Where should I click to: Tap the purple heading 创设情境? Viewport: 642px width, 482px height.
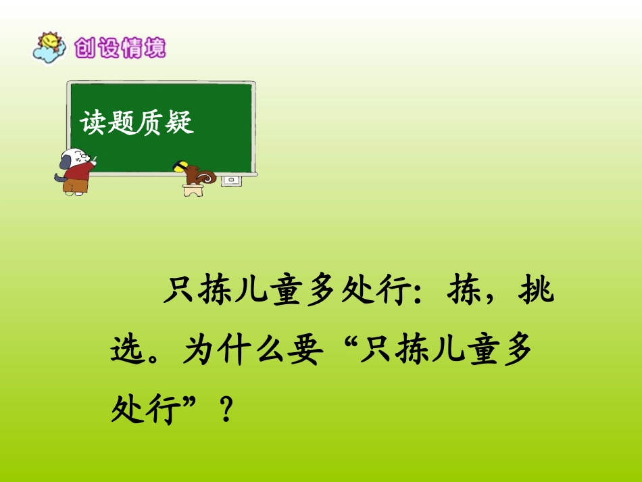point(120,48)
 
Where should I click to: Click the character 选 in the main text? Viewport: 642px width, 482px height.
point(128,352)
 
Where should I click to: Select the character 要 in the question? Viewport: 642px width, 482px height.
point(301,352)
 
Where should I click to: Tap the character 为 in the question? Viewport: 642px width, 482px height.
point(198,352)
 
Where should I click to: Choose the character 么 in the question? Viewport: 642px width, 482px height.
point(267,352)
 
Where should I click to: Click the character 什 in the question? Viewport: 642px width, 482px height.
point(232,352)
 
